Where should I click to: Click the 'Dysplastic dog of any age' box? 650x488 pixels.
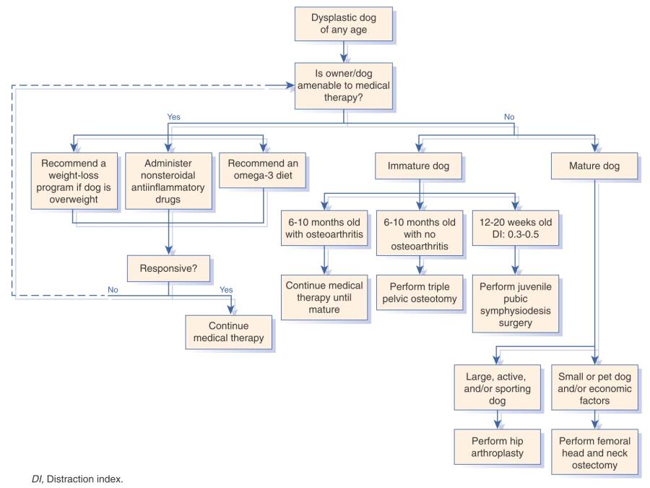pos(343,23)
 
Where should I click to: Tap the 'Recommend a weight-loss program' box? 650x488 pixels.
pos(74,181)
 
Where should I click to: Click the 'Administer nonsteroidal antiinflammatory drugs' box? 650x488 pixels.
pos(168,181)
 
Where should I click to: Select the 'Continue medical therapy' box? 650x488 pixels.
pos(229,331)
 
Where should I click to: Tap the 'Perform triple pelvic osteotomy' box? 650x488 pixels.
pos(420,291)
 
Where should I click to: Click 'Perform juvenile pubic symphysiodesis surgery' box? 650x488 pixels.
pos(514,304)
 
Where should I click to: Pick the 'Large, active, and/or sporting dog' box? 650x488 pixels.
pos(498,388)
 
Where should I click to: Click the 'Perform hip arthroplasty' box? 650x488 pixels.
pos(498,447)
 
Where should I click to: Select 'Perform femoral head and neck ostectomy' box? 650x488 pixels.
pos(594,453)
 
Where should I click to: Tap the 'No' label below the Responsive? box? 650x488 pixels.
pos(113,288)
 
